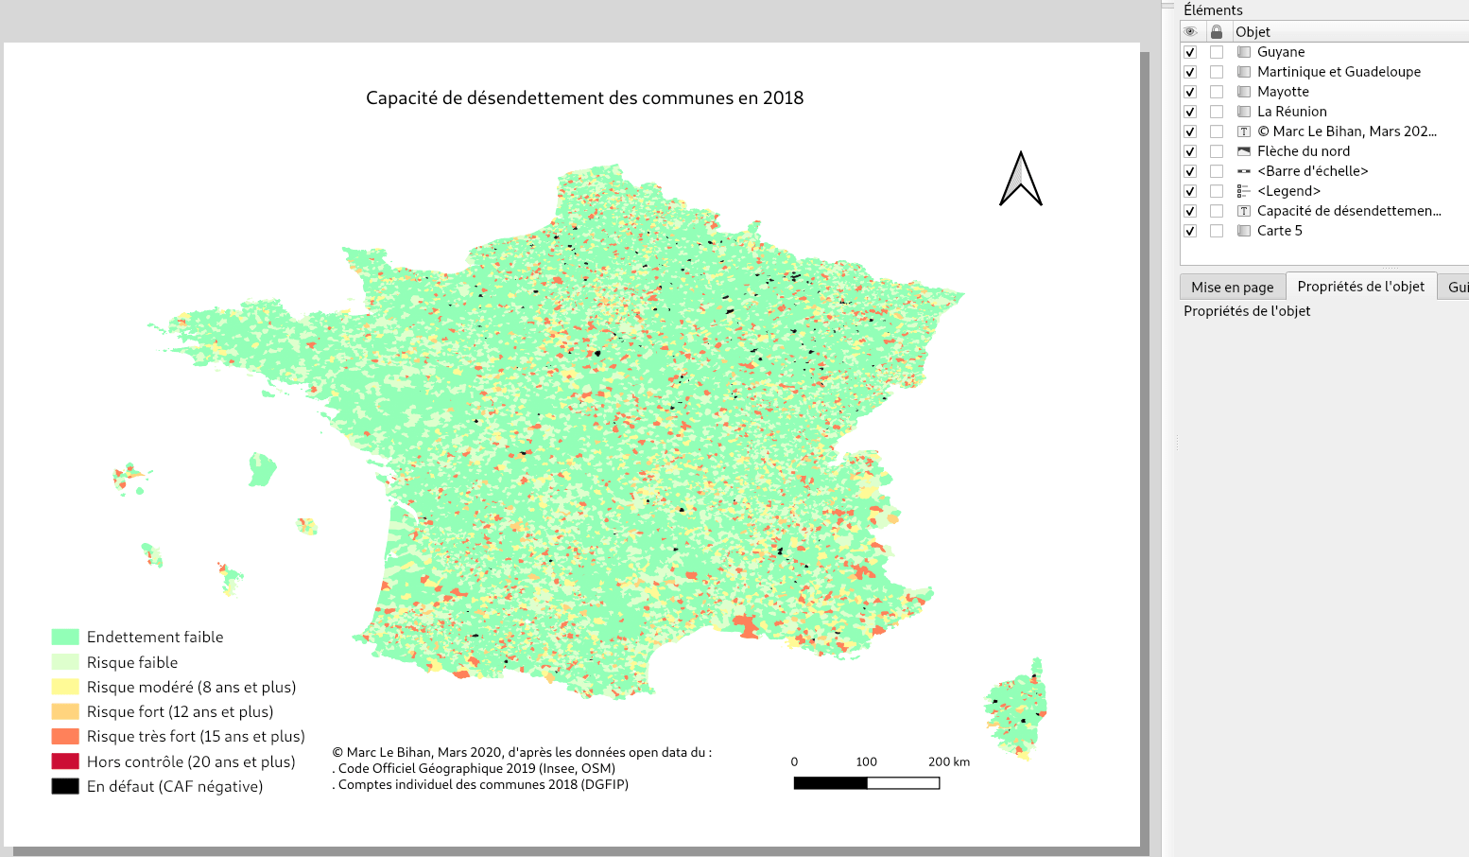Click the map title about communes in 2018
point(584,98)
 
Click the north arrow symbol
point(1021,179)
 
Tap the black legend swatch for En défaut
point(65,786)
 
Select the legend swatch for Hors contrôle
point(65,761)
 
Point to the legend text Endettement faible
point(155,638)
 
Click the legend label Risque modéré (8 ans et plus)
point(191,688)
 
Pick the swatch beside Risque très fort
point(65,737)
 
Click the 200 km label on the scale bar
point(948,761)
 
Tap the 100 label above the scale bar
point(866,761)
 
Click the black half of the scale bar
point(830,783)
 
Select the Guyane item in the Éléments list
point(1280,52)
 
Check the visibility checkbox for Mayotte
point(1190,92)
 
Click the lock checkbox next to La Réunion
point(1217,112)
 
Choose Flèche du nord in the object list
point(1303,151)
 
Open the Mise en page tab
point(1232,287)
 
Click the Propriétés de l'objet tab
point(1360,287)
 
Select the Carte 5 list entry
point(1279,231)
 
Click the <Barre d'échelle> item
point(1312,171)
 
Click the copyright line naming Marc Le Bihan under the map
point(522,753)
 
